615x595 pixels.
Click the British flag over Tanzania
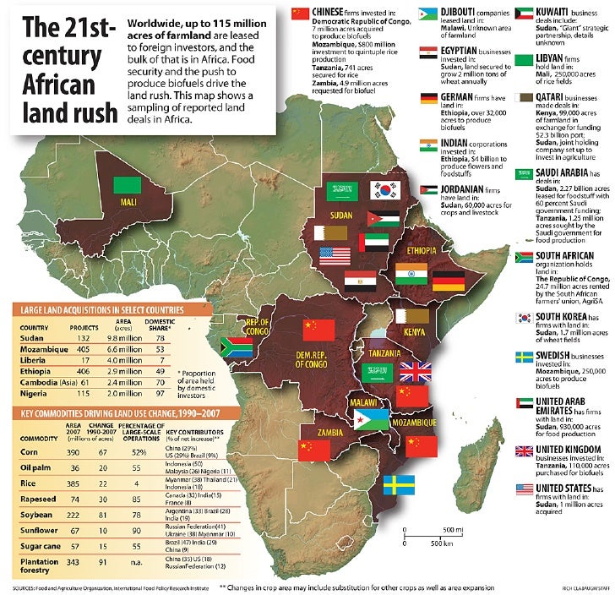(415, 372)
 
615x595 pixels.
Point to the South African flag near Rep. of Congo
(235, 346)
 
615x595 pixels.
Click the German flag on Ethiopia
(448, 282)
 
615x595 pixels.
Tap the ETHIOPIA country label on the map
(420, 252)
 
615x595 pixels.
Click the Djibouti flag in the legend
(429, 15)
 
